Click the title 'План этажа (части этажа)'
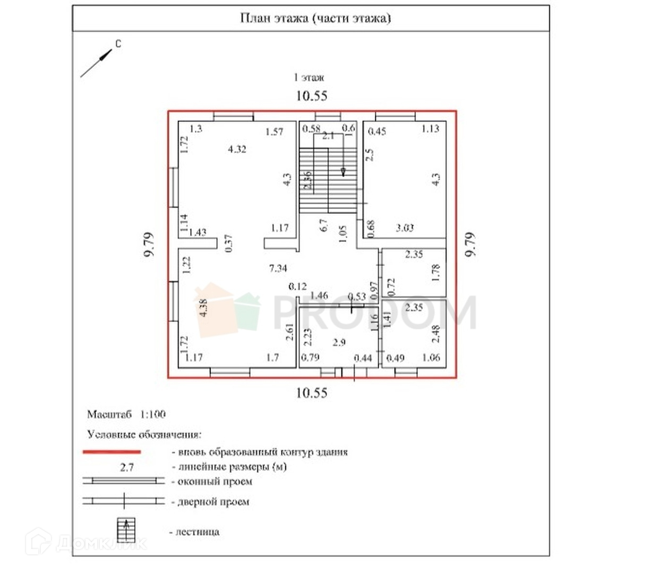pos(315,19)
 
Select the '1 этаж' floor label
pos(309,77)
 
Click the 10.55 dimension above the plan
pos(312,96)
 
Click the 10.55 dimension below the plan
pos(312,393)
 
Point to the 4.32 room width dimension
pos(237,149)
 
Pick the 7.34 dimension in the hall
pos(278,268)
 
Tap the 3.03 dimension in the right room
pos(405,228)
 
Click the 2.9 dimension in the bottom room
pos(339,342)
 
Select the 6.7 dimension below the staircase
pos(324,225)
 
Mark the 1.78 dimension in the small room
pos(436,273)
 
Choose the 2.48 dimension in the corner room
pos(436,334)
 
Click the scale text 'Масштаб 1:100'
pos(126,414)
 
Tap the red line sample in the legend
pos(112,452)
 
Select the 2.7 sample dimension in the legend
pos(127,467)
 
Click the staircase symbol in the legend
pos(126,529)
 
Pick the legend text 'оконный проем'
pos(215,482)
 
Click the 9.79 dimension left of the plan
pos(149,245)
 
